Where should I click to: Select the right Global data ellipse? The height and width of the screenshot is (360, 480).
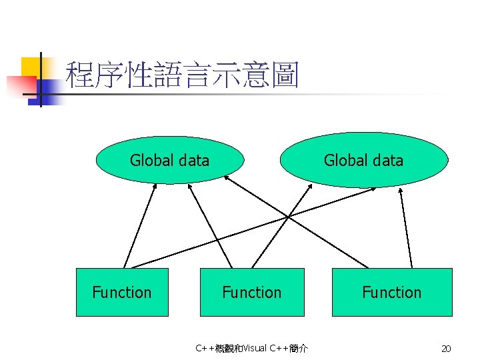364,160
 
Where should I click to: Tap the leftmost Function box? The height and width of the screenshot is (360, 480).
122,292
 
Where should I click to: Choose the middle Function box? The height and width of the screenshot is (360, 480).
252,292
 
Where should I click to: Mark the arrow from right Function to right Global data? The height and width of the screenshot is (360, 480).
406,227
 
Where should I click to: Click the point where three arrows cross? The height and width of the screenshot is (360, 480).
288,216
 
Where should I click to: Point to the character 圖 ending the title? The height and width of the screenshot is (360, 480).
285,75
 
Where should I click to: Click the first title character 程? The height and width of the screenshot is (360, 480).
79,75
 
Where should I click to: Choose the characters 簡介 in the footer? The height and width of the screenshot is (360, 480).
298,348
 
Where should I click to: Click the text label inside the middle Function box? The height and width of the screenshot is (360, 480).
252,292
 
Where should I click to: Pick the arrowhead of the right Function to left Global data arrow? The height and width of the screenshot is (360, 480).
227,177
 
